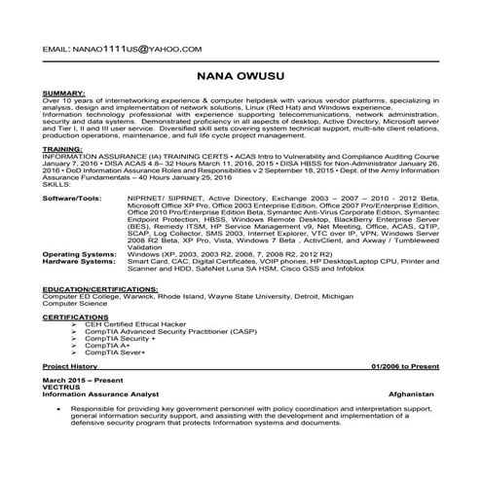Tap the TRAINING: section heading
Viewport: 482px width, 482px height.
click(60, 151)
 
